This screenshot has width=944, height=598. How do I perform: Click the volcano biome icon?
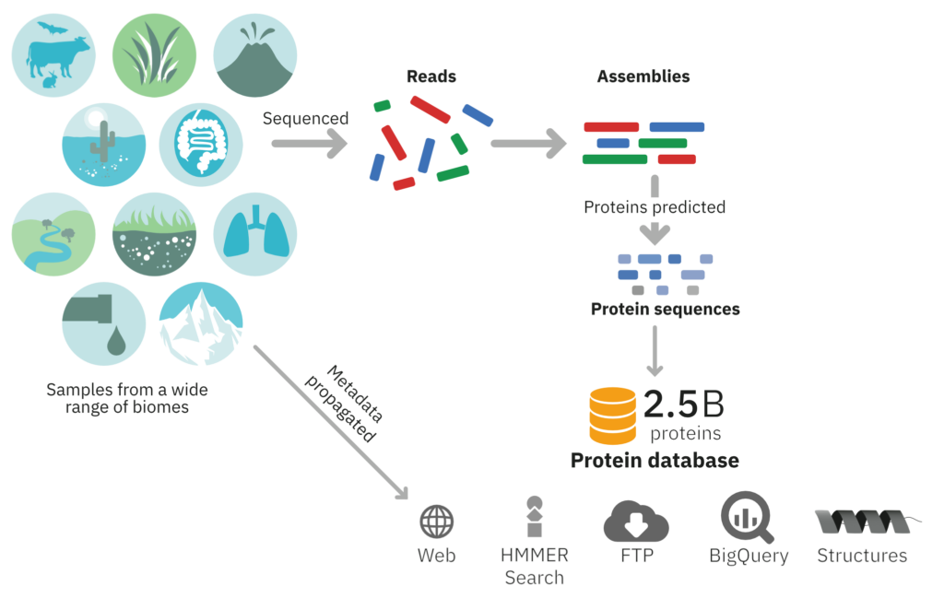coord(255,55)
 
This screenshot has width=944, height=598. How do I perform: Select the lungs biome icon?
coord(255,234)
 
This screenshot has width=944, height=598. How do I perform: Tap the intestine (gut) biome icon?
coord(201,145)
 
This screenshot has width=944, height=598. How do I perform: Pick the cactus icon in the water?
coord(102,143)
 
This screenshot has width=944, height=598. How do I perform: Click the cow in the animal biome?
coord(58,57)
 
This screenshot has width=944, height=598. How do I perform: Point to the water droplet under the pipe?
coord(116,341)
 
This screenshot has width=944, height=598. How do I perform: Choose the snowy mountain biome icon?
coord(201,323)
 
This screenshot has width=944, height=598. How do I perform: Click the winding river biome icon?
coord(53,234)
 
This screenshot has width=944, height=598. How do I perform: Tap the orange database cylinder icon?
coord(612,416)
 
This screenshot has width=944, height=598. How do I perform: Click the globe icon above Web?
coord(436,521)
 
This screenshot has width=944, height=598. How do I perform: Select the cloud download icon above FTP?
coord(636,521)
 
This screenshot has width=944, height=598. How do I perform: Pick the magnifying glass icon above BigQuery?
coord(747,518)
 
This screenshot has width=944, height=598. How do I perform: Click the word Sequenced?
coord(305,119)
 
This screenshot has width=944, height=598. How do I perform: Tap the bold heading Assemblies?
coord(643,76)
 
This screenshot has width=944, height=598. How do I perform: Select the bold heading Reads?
coord(431,76)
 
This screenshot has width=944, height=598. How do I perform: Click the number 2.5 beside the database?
coord(670,404)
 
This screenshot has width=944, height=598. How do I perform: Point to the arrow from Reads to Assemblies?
coord(528,144)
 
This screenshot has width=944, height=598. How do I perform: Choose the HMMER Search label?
coord(534,566)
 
